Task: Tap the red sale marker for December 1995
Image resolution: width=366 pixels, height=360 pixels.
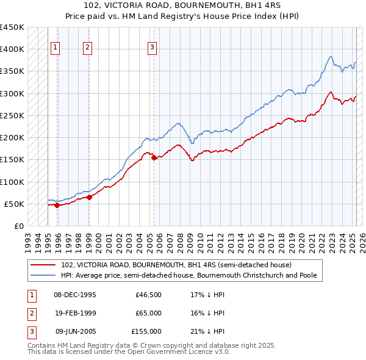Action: pyautogui.click(x=57, y=206)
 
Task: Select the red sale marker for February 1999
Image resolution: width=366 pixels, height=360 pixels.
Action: pyautogui.click(x=89, y=197)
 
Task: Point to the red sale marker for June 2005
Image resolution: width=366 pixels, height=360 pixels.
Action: pyautogui.click(x=154, y=157)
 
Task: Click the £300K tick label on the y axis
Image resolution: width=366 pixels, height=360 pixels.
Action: pyautogui.click(x=12, y=93)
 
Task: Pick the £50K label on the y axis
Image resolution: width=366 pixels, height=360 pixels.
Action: pyautogui.click(x=15, y=204)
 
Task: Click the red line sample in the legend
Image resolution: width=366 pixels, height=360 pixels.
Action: pyautogui.click(x=44, y=265)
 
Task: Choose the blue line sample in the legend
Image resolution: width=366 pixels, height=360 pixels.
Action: pyautogui.click(x=44, y=275)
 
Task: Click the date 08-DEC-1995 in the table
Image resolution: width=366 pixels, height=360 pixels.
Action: pyautogui.click(x=76, y=295)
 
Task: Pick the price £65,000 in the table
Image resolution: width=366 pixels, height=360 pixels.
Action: pyautogui.click(x=148, y=313)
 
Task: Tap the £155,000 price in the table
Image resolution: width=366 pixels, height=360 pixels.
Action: pyautogui.click(x=146, y=331)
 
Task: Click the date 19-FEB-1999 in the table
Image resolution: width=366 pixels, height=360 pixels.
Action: pyautogui.click(x=76, y=313)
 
